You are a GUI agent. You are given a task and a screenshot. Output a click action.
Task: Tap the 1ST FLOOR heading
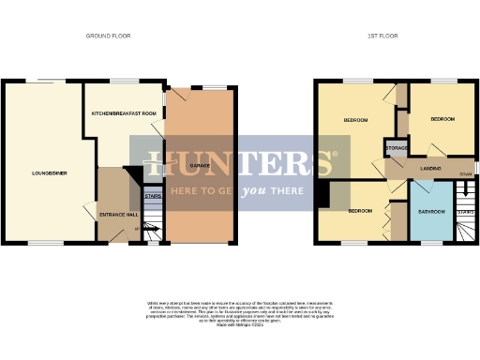378,36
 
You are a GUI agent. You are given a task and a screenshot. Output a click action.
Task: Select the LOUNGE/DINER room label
49,172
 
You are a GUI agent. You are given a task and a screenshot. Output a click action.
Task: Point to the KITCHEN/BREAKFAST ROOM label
123,112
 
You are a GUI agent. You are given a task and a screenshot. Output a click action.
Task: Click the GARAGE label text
199,165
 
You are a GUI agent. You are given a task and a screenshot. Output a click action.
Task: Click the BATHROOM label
430,211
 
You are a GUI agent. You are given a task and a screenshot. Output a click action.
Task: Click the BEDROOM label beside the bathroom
360,211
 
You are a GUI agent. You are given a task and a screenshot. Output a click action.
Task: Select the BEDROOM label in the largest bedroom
355,120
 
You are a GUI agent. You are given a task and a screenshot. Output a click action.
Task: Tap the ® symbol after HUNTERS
347,142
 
